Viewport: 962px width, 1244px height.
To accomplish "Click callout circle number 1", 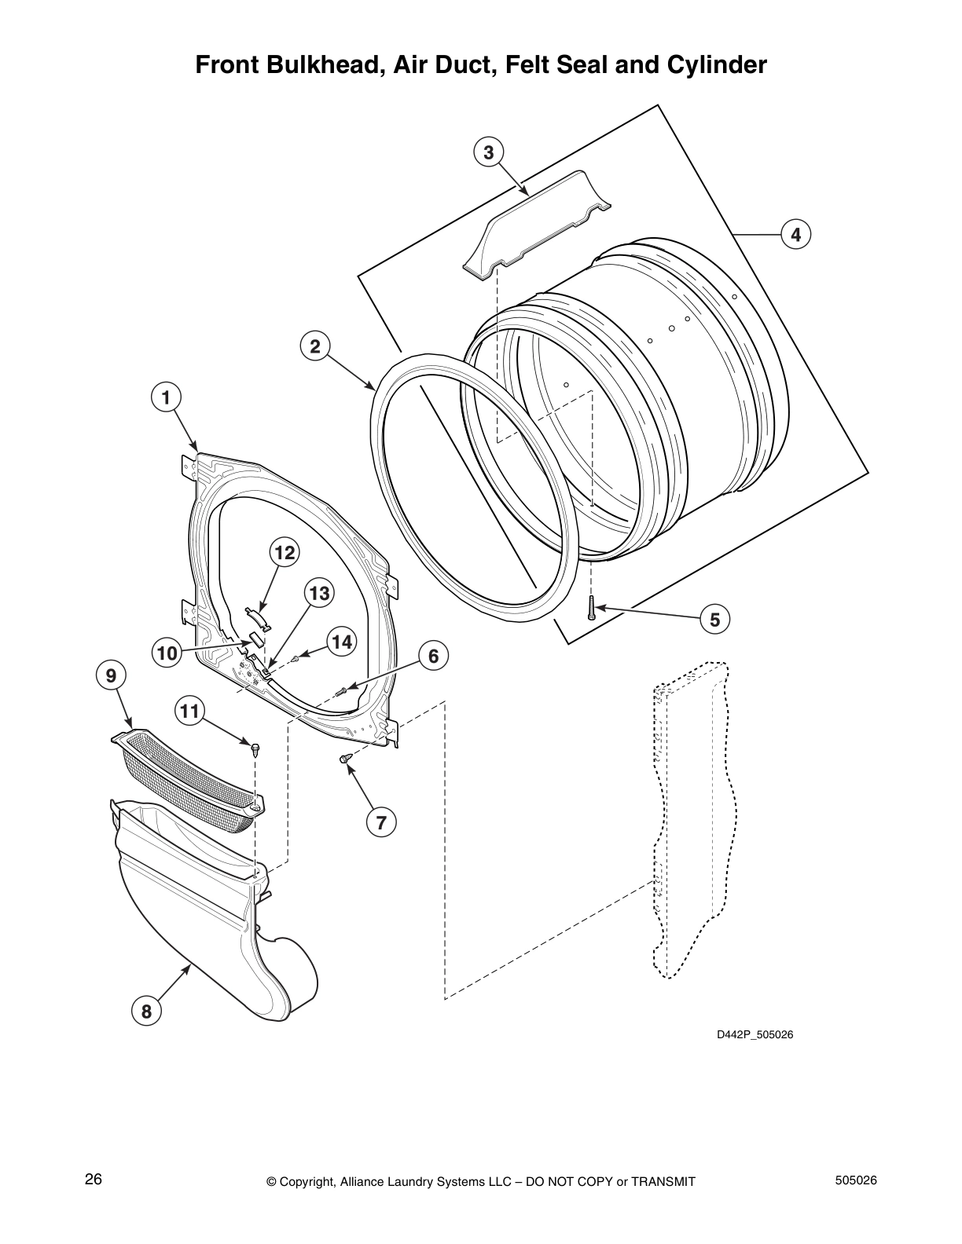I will [166, 397].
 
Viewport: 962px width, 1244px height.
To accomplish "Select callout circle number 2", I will [315, 346].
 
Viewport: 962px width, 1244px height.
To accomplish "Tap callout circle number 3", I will [488, 152].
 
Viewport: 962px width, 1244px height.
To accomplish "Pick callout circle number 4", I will [795, 234].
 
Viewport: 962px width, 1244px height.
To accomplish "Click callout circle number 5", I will [714, 620].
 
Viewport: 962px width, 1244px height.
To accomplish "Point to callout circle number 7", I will [381, 822].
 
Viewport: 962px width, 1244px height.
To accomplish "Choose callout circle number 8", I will [146, 1012].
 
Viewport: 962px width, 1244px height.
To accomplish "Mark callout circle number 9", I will [111, 675].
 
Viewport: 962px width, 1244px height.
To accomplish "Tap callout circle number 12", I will [285, 553].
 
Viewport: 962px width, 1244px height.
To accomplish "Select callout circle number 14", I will [341, 642].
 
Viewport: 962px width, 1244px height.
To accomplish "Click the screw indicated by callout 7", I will [345, 759].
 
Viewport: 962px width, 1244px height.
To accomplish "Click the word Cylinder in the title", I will [716, 64].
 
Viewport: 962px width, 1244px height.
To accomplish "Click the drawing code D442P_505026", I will [755, 1034].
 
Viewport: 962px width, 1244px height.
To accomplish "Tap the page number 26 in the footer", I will [94, 1180].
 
